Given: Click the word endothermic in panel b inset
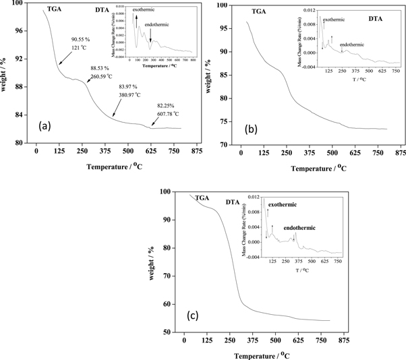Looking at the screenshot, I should [352, 44].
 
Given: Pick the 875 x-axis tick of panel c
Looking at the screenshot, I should [343, 340].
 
